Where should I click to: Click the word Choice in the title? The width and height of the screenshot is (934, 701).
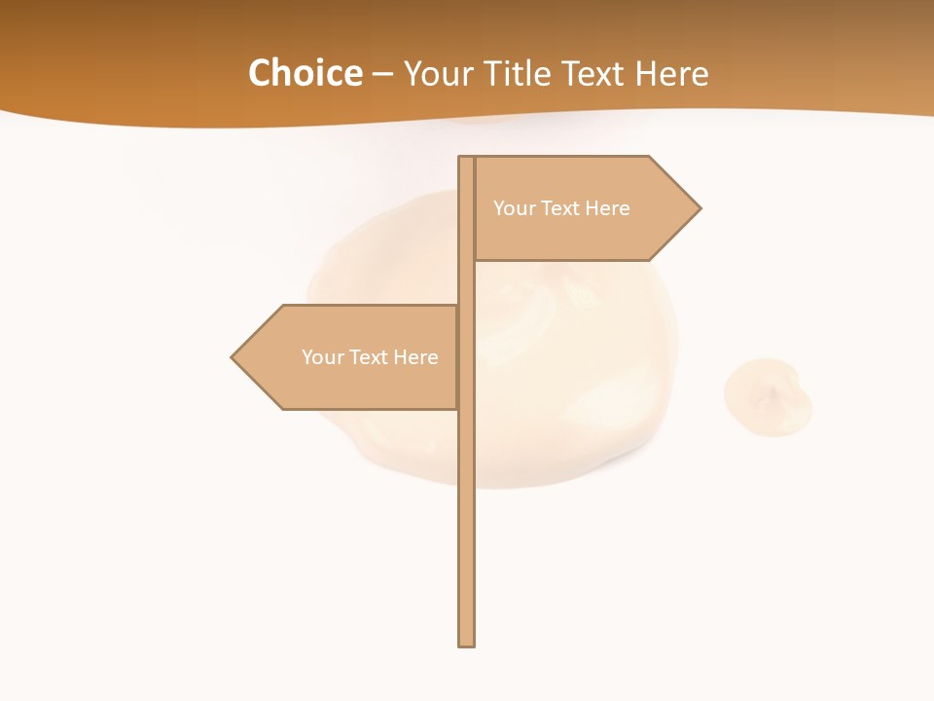(x=305, y=73)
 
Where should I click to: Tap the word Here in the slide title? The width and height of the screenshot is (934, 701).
(x=671, y=73)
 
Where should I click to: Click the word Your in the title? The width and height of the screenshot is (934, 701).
(x=439, y=73)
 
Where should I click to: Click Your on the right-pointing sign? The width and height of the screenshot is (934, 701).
(x=513, y=208)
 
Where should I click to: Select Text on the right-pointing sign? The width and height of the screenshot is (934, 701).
(x=558, y=208)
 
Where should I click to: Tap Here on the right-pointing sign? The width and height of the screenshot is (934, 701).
(x=607, y=208)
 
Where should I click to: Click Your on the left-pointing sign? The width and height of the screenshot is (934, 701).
(x=321, y=357)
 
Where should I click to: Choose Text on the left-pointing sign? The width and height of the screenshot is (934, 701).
(x=367, y=357)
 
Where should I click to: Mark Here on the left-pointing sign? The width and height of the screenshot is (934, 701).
(x=415, y=357)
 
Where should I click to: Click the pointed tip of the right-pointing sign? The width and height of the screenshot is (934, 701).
(x=699, y=207)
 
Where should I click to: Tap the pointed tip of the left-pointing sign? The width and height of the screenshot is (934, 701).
(x=233, y=357)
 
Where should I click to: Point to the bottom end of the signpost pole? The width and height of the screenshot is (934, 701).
(x=467, y=643)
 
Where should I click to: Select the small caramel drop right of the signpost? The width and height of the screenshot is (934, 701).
(x=768, y=396)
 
